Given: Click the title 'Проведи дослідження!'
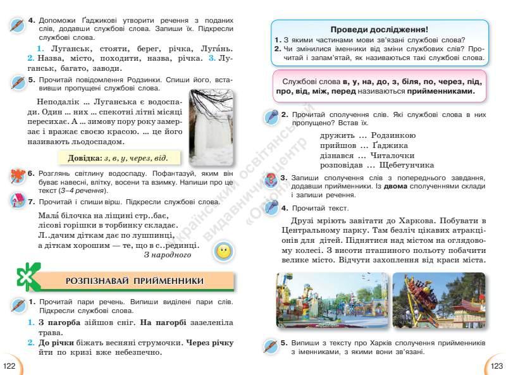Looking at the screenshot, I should click(379, 29).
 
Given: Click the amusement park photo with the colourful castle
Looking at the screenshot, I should click(331, 302).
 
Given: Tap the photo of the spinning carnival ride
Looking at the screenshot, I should click(438, 302).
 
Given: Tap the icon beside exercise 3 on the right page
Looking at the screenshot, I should click(269, 181).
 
